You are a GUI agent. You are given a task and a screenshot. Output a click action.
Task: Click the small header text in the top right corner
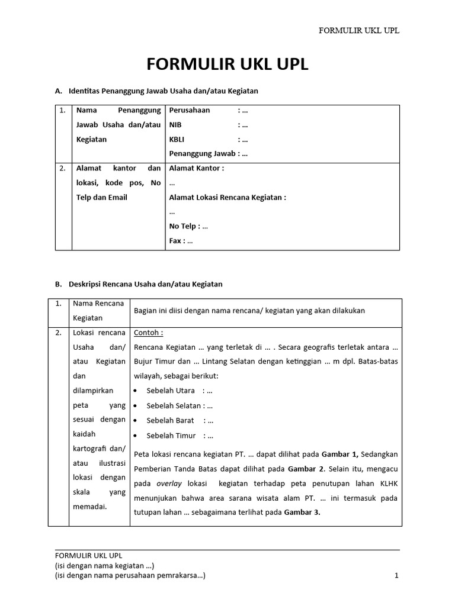tap(359, 30)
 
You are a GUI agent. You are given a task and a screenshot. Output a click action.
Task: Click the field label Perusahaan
tap(190, 111)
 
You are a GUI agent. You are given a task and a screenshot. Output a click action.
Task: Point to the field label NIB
tap(176, 125)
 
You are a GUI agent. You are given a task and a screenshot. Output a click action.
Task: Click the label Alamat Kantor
tap(197, 168)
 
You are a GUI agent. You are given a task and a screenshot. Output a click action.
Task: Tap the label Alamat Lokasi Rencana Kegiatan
tap(227, 198)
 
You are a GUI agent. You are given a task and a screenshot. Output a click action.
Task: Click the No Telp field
tap(188, 226)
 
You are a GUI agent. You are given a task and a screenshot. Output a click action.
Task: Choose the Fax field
tap(181, 241)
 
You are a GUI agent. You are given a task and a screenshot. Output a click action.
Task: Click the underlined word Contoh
tap(148, 333)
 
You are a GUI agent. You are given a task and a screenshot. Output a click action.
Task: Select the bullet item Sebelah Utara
tap(179, 391)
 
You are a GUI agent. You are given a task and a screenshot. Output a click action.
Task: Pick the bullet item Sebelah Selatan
tap(180, 406)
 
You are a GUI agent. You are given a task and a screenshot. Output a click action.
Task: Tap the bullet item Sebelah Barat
tap(180, 421)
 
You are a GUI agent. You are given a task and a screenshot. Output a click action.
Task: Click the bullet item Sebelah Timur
tap(180, 436)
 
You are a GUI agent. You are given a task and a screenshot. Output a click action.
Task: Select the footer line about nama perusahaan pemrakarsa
tap(130, 575)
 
